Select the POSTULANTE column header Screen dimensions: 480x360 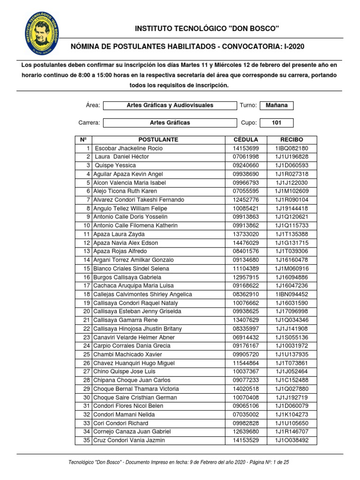[158, 140]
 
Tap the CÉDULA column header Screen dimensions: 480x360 [246, 140]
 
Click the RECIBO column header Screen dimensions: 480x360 [292, 140]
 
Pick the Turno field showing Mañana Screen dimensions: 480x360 [277, 105]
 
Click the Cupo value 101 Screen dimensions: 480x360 [277, 123]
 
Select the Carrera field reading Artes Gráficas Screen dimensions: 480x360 [170, 123]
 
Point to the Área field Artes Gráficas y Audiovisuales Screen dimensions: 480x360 [170, 105]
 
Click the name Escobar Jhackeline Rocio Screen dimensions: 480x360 [128, 148]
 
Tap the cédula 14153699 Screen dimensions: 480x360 [246, 148]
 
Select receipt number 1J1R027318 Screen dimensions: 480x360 [292, 174]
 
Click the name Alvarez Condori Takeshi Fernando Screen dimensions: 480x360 [139, 200]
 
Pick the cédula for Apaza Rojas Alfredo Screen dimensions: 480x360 [246, 251]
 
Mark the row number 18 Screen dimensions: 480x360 [86, 294]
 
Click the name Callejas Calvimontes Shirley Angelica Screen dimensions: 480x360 [142, 294]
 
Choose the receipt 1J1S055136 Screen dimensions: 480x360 [292, 337]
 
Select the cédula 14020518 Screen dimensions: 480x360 [246, 389]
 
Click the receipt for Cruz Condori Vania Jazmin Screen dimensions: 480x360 [292, 440]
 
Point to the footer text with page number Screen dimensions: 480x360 [179, 462]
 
